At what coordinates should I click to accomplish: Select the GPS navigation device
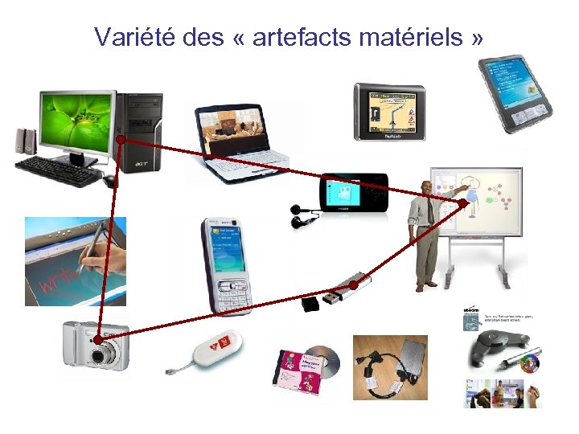(390, 111)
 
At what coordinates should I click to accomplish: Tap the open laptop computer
(233, 145)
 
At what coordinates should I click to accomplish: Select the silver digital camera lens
(100, 354)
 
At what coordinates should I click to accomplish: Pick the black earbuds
(302, 217)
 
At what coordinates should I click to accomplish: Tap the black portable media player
(353, 194)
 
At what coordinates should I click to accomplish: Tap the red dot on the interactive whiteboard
(463, 203)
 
